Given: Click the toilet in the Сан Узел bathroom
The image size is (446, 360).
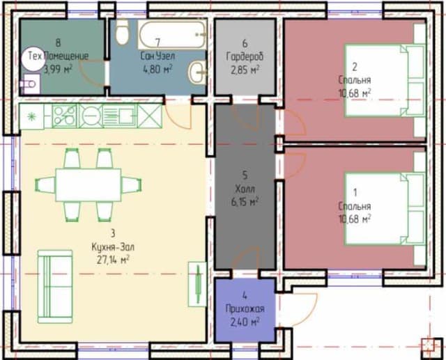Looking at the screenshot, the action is coord(123,32).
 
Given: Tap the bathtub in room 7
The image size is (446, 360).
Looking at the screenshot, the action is coord(172,34).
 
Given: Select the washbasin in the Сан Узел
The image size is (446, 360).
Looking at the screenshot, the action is coord(197,72).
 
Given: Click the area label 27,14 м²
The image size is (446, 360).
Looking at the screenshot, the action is coord(113,260).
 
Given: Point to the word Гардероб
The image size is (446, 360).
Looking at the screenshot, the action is coord(245,56).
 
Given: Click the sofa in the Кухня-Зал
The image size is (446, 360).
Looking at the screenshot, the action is coord(55,286).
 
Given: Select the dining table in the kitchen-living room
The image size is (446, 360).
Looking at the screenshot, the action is coord(89,185).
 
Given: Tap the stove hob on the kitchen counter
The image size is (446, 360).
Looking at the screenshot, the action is coord(64,116).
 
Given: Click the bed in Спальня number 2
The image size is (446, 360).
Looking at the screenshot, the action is coord(385,80).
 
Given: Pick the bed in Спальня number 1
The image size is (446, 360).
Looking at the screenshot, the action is coord(385,209).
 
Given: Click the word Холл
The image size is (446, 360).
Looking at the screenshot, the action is coord(245,189).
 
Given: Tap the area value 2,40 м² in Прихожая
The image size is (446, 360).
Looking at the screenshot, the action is coord(245,322).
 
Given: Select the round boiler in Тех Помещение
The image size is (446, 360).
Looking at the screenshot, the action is coord(32,58).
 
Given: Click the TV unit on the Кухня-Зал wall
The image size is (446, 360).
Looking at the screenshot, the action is coord(197,284).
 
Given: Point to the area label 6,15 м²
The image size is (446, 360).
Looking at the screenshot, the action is coord(245,202).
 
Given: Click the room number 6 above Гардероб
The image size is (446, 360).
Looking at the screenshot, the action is coord(245,43).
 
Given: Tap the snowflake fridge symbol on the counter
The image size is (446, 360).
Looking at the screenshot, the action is coord(31,116).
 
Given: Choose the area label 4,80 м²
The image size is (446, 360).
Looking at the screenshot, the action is coord(157,69).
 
